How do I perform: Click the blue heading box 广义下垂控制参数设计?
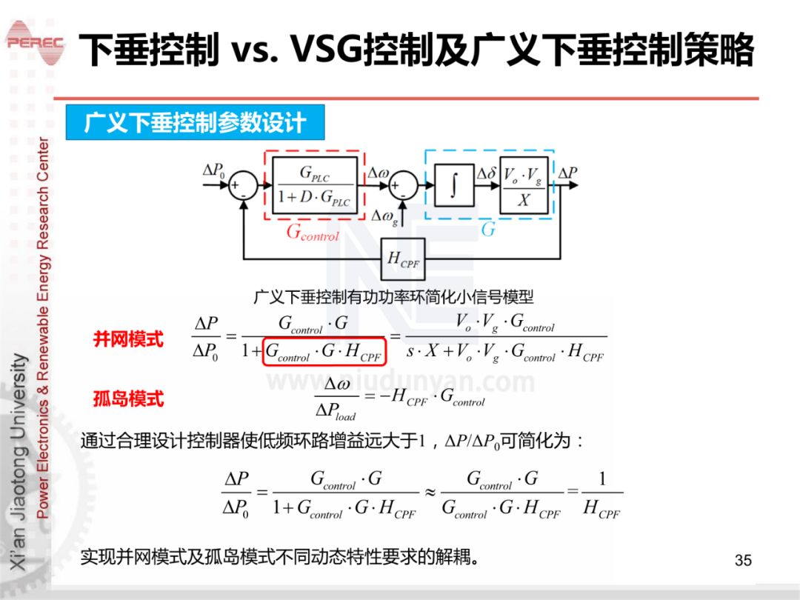[x=195, y=123]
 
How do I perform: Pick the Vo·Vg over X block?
[x=524, y=186]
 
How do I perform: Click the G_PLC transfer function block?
[x=315, y=186]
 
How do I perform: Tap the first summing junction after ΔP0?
[x=241, y=186]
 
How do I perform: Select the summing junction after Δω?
[x=404, y=186]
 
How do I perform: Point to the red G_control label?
[x=312, y=233]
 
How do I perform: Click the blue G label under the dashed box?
[x=487, y=230]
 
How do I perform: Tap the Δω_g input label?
[x=384, y=216]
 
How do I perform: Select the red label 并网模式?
[x=128, y=340]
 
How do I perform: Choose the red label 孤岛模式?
[x=128, y=399]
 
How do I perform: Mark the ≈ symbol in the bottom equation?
[x=430, y=492]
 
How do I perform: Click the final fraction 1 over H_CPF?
[x=601, y=493]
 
